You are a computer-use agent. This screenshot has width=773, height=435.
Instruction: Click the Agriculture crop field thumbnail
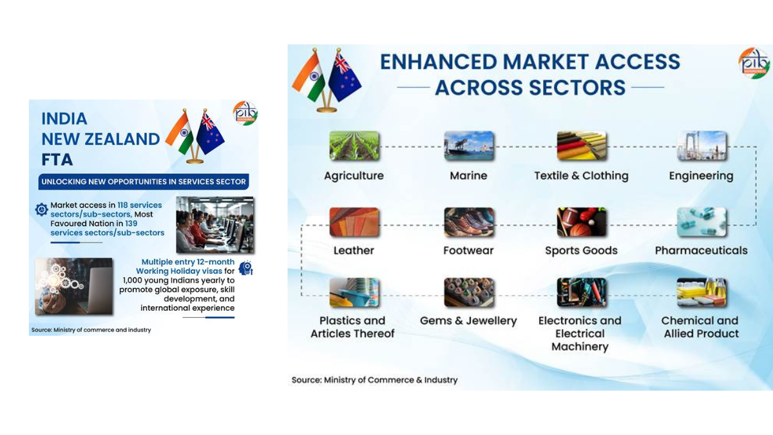coord(354,146)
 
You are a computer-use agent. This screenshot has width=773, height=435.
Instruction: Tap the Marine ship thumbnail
coord(468,146)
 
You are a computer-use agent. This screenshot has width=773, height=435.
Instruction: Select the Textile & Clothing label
coord(581,176)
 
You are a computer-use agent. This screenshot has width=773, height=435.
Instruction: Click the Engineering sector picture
coord(701,146)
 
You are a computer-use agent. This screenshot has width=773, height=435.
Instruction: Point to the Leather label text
coord(354,251)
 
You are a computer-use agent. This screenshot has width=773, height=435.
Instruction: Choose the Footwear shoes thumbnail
coord(468,222)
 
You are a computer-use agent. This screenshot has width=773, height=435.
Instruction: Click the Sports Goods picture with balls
coord(581,222)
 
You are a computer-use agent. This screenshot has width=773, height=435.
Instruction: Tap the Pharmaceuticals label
coord(701,251)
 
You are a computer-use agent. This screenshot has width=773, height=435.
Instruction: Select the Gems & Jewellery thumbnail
coord(468,293)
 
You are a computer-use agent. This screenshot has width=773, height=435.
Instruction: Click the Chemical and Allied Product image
coord(701,293)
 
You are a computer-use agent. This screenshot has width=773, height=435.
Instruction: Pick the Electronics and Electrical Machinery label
coord(580,333)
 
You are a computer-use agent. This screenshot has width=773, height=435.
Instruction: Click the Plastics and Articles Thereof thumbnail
coord(354,293)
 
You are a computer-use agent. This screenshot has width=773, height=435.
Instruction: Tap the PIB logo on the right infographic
coord(754,63)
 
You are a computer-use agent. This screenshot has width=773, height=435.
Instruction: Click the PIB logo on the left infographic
coord(245,113)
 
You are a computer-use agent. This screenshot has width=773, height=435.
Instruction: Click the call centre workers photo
coord(215,225)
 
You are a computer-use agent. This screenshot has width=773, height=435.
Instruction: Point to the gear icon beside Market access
coord(41,209)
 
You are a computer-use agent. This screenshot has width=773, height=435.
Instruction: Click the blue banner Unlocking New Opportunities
coord(144,182)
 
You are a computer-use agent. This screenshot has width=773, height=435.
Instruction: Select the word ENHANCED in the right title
coord(438,62)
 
